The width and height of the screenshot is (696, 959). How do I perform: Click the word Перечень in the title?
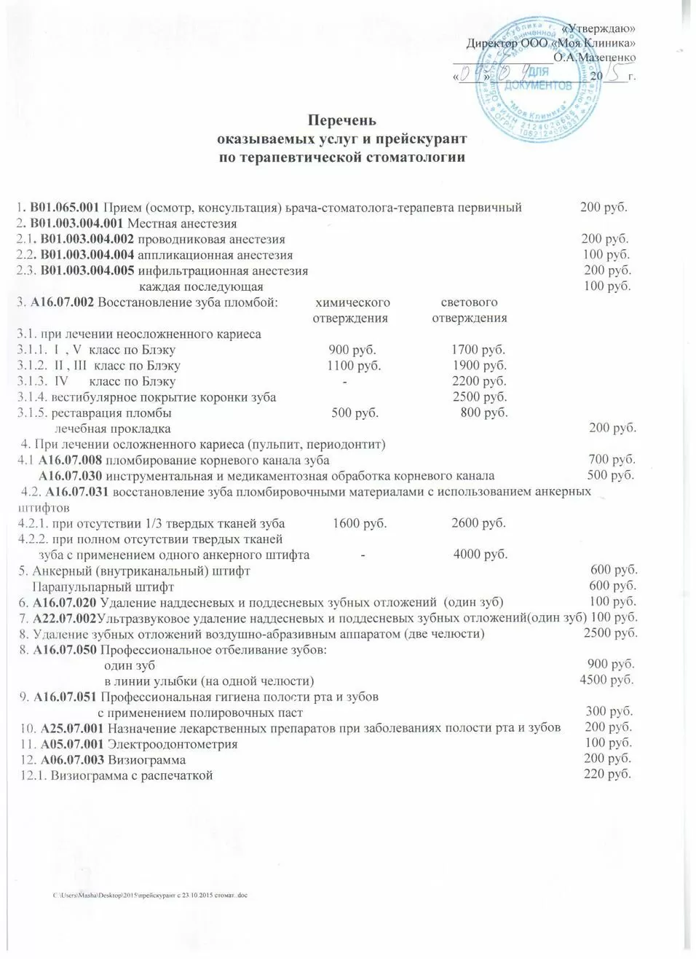point(341,120)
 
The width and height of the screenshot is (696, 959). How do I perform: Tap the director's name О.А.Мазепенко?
point(594,57)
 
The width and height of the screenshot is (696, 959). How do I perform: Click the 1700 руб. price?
point(478,350)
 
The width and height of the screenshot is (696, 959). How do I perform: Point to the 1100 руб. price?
point(354,366)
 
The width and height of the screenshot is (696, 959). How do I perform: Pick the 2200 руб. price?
point(479,381)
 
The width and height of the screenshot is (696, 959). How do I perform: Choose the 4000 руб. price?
point(480,555)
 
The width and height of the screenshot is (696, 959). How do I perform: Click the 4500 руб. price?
point(606,681)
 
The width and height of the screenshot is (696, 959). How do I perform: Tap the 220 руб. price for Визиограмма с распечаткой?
point(607,774)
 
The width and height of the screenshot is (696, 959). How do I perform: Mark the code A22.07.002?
point(65,618)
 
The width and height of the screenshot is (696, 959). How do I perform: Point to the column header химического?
point(352,302)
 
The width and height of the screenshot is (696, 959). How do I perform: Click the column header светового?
point(469,302)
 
